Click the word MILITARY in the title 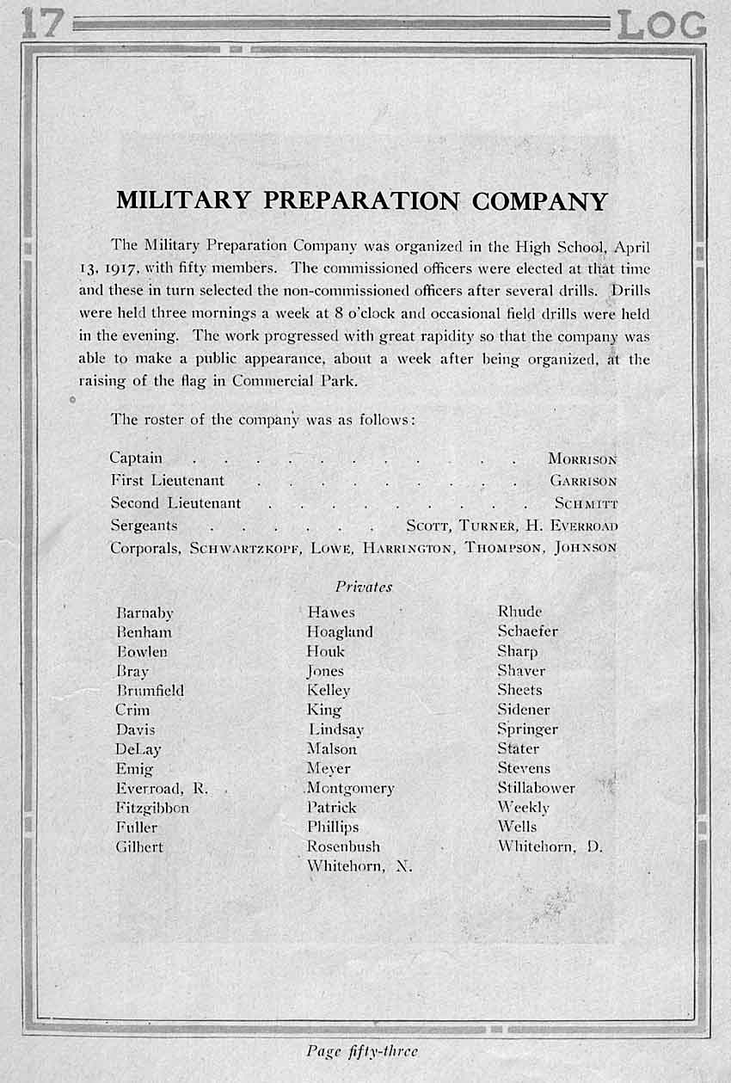tap(184, 200)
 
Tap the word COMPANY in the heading tap(540, 200)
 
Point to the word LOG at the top tap(661, 26)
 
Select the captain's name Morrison tap(582, 459)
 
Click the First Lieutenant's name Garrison tap(583, 481)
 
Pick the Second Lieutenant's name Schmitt tap(586, 503)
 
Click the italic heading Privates tap(364, 587)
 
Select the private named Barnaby tap(144, 613)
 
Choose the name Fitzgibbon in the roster tap(152, 808)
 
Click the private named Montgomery tap(350, 788)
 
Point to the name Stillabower tap(536, 788)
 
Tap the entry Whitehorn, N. tap(359, 866)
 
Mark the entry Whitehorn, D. tap(550, 846)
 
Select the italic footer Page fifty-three tap(362, 1050)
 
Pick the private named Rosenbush tap(343, 846)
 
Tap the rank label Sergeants tap(144, 525)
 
